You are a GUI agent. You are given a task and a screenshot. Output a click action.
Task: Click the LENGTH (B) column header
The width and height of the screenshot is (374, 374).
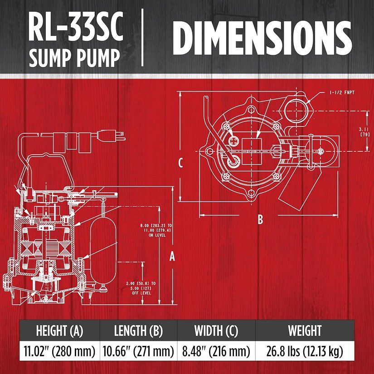tap(138, 330)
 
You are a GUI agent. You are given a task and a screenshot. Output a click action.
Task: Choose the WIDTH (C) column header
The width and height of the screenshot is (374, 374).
tap(216, 330)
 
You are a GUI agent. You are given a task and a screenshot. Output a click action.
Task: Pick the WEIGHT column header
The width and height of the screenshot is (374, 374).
tap(305, 330)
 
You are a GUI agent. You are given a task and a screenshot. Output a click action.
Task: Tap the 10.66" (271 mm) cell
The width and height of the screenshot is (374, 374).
tap(138, 351)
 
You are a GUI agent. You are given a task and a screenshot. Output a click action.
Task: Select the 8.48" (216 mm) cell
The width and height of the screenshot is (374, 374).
tap(216, 351)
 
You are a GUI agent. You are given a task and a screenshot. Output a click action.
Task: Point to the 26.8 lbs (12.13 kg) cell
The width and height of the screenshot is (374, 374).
tap(305, 351)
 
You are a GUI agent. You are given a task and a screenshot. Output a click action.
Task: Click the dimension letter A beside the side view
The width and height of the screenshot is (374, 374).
tap(172, 257)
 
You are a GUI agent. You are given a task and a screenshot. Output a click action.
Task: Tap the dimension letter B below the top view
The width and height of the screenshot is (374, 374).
tap(260, 219)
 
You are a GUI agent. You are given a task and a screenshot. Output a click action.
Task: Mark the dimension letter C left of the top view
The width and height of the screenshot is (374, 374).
tap(180, 163)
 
